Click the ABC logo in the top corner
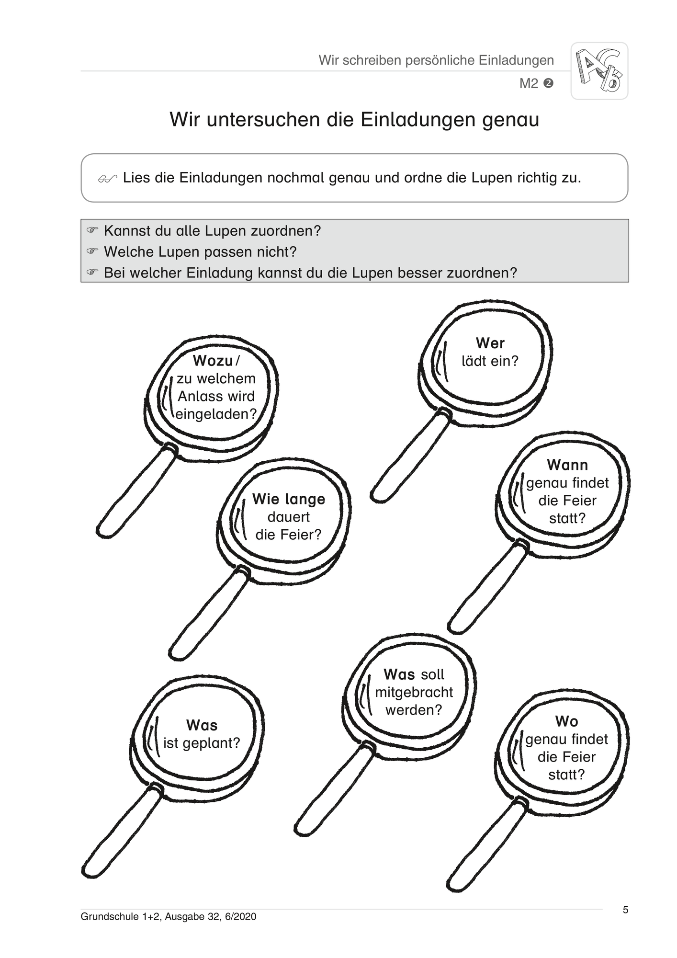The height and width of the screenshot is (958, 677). pyautogui.click(x=599, y=71)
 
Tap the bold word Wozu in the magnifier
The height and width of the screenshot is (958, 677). pyautogui.click(x=213, y=360)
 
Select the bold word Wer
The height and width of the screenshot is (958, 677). pyautogui.click(x=490, y=343)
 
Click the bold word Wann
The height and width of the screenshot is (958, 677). pyautogui.click(x=567, y=465)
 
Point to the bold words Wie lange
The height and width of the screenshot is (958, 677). pyautogui.click(x=289, y=499)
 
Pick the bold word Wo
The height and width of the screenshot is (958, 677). pyautogui.click(x=566, y=721)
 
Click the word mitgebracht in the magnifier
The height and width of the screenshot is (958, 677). pyautogui.click(x=414, y=692)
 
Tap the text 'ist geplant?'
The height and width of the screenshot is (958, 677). pyautogui.click(x=202, y=743)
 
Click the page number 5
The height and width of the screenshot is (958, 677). pyautogui.click(x=625, y=910)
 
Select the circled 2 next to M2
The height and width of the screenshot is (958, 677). pyautogui.click(x=549, y=83)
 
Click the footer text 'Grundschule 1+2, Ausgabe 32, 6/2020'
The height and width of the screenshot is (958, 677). pyautogui.click(x=169, y=917)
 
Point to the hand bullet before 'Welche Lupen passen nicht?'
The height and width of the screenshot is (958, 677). pyautogui.click(x=92, y=251)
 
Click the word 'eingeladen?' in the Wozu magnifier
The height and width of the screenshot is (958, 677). pyautogui.click(x=216, y=414)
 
